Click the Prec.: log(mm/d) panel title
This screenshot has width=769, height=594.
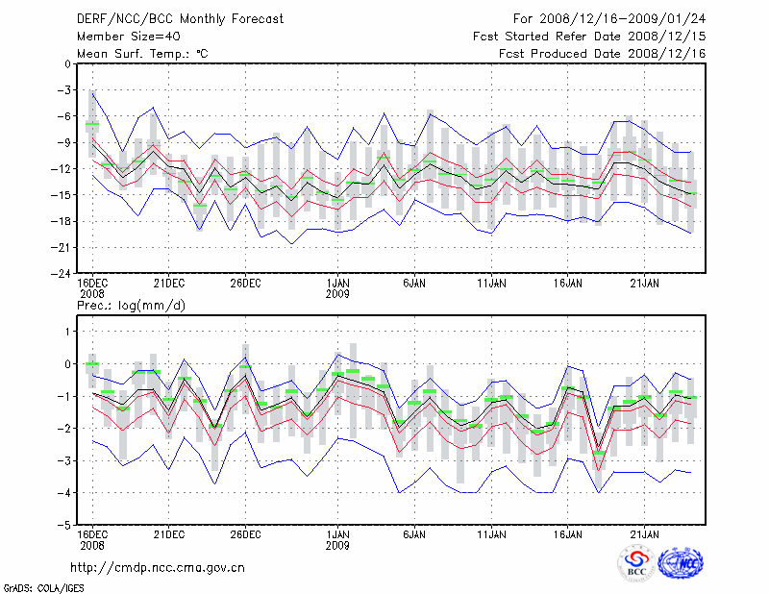click(130, 305)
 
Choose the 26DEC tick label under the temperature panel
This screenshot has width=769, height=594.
click(245, 284)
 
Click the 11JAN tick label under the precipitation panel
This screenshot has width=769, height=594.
click(492, 533)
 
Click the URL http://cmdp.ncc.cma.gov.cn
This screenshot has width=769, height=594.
click(158, 567)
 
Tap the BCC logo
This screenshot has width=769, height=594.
click(635, 565)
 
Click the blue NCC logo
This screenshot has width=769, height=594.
click(681, 564)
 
